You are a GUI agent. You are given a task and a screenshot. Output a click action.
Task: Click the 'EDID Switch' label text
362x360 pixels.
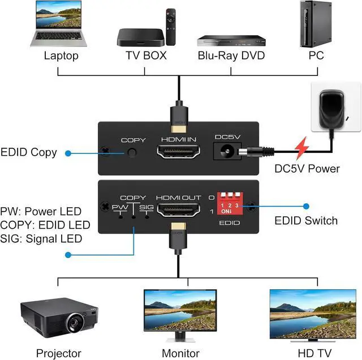point(305,221)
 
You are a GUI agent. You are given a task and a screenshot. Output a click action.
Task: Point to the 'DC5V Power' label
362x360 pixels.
point(307,168)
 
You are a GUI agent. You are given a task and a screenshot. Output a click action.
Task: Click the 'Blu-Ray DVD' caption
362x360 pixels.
point(231,56)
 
